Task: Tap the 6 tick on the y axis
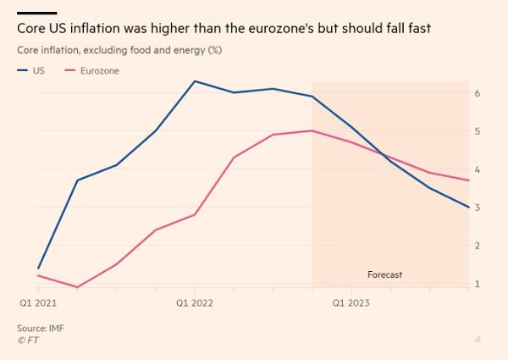coord(478,92)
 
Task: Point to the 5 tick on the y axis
coord(478,131)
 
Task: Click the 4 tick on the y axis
coord(478,169)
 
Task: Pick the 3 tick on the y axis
coord(478,208)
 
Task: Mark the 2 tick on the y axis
coord(478,246)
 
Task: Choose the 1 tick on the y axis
coord(478,284)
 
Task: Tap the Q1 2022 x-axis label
coord(195,302)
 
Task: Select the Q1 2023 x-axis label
coord(351,302)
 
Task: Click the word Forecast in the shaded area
coord(384,275)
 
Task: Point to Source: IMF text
coord(41,327)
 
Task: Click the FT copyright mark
coord(28,340)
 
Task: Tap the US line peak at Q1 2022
coord(195,81)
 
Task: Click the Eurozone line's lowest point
coord(78,287)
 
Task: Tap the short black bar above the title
coord(36,13)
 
